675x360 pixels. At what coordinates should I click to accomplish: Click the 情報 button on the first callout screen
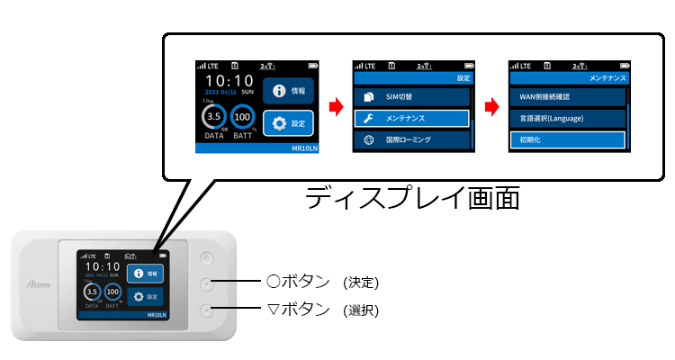pos(288,91)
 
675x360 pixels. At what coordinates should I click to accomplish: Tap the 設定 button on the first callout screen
pos(288,122)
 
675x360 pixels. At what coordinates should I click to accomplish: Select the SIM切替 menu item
pos(410,95)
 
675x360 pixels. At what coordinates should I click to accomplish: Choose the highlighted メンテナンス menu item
pos(410,118)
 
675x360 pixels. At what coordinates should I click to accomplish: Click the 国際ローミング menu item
pos(410,140)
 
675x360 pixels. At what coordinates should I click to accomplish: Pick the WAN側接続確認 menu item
pos(566,95)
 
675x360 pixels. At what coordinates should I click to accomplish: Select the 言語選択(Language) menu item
pos(566,118)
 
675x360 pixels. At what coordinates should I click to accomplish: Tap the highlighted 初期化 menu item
pos(566,140)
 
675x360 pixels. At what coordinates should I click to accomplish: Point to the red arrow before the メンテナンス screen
pos(492,108)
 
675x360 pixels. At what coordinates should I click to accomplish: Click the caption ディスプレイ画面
pos(411,197)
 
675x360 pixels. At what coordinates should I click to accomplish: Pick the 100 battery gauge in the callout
pos(242,117)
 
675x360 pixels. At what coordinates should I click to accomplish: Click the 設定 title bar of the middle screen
pos(410,78)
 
